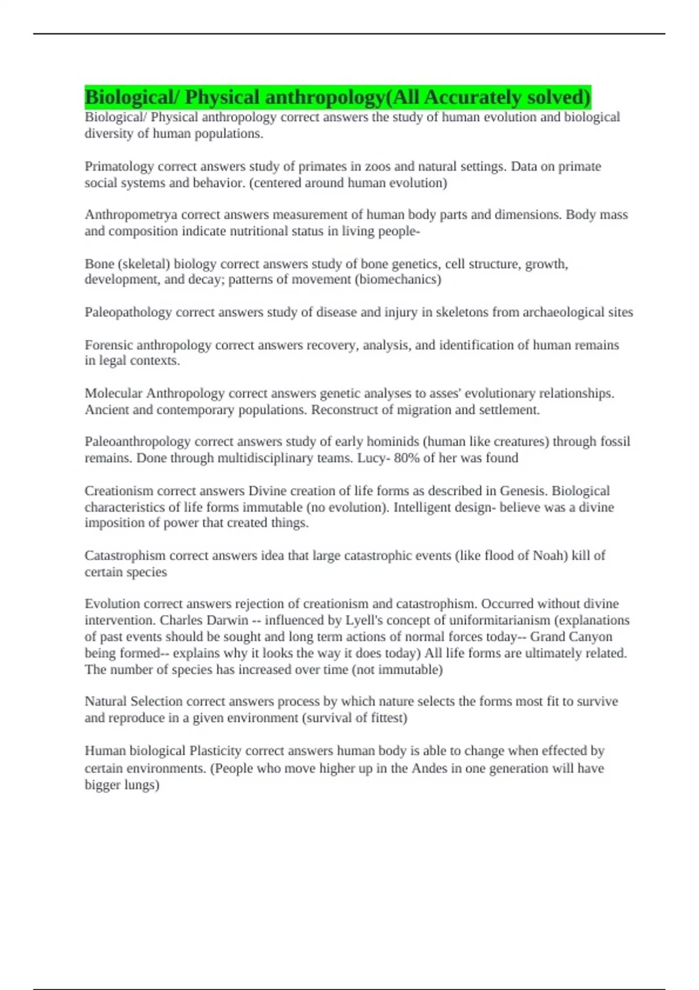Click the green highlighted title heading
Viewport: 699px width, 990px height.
(338, 97)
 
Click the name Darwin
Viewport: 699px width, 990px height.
(230, 620)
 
